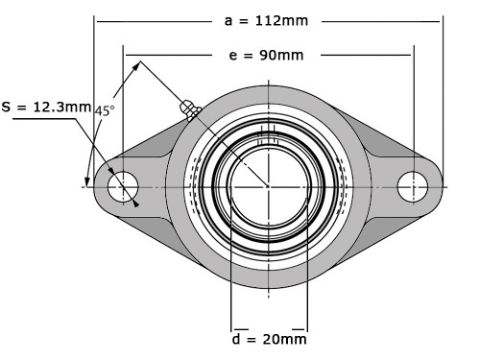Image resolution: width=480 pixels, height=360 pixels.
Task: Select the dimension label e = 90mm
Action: (x=267, y=55)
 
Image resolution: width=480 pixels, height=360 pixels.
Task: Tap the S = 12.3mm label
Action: (x=45, y=108)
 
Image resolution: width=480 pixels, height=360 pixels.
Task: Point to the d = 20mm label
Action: (x=270, y=339)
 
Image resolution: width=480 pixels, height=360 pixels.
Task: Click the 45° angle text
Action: (x=105, y=111)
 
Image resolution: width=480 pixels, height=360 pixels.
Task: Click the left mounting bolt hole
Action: (x=123, y=186)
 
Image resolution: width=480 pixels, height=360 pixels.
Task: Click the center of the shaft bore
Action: (x=269, y=186)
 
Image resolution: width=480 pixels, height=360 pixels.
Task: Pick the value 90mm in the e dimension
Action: (x=282, y=55)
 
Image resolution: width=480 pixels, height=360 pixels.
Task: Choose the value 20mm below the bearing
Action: (x=285, y=339)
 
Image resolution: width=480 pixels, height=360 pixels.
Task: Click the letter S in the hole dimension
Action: (x=7, y=108)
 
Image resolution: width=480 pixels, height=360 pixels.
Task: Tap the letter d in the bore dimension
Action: (x=237, y=339)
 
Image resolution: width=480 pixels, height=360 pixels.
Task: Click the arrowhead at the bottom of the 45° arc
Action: (x=89, y=182)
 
